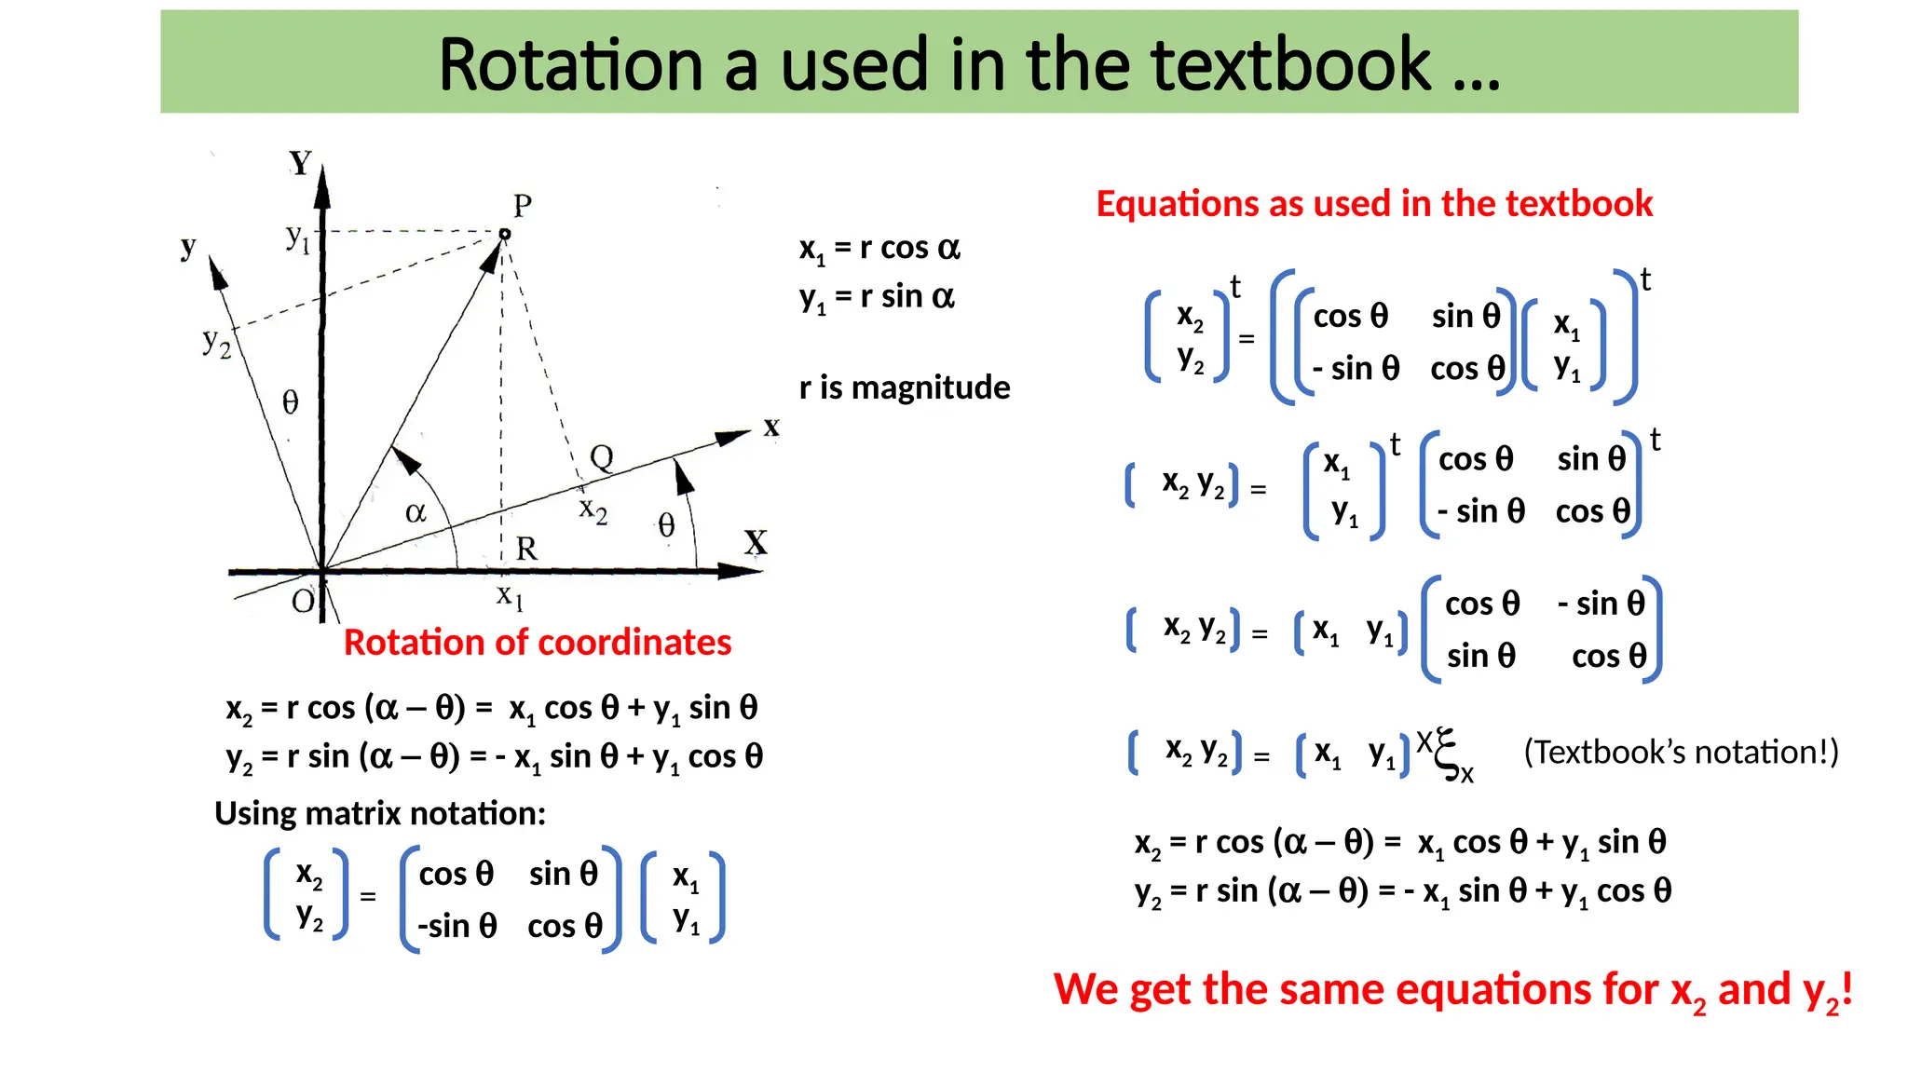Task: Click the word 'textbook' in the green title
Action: (1290, 65)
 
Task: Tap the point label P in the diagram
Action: (523, 205)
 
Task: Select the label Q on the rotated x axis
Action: (602, 457)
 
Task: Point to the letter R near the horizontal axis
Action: (526, 549)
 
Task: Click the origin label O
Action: (303, 602)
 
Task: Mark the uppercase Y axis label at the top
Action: (300, 163)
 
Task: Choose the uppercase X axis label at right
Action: (756, 543)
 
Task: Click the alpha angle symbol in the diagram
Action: (416, 512)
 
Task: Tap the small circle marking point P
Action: (505, 234)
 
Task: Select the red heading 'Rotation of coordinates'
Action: (538, 643)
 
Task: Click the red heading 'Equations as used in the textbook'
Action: (1374, 204)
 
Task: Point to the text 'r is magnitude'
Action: (905, 387)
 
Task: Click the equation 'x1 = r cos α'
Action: (879, 249)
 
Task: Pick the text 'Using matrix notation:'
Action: (380, 814)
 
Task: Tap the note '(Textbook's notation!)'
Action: (1681, 753)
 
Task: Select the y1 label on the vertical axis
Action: (297, 238)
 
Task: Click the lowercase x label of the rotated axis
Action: (771, 427)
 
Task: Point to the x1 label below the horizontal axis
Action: (510, 595)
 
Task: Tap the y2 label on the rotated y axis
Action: (216, 343)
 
